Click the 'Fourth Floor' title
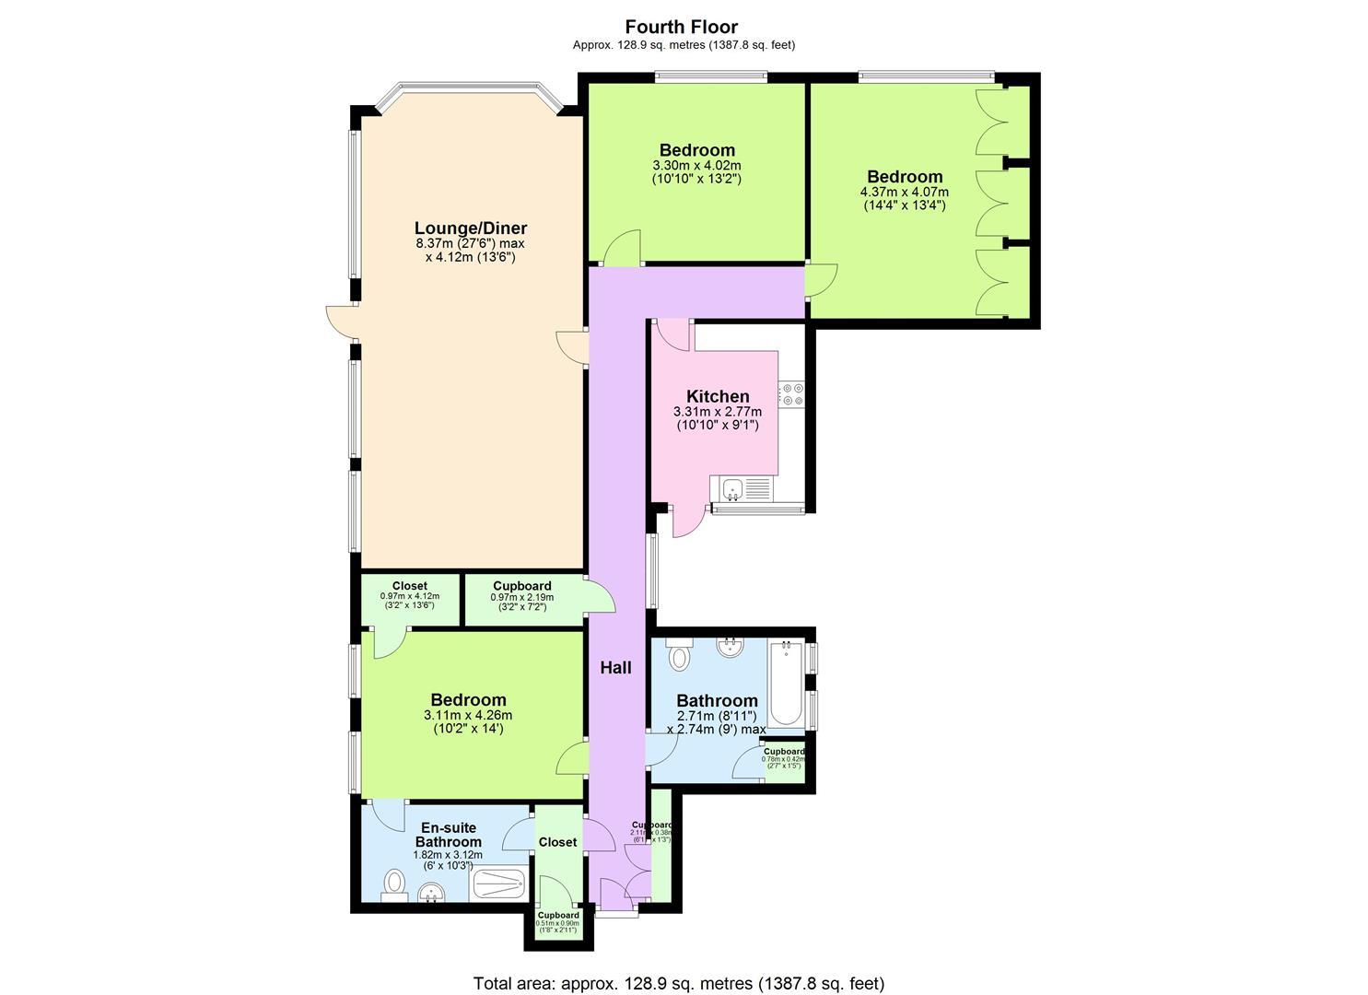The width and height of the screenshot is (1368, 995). click(682, 27)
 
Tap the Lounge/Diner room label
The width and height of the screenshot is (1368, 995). click(470, 228)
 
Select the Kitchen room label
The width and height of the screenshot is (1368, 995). click(718, 396)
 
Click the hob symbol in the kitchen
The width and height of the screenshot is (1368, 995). click(790, 394)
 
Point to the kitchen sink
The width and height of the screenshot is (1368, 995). click(734, 487)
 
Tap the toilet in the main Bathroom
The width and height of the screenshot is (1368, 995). click(679, 655)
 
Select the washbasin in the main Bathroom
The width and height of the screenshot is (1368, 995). click(730, 647)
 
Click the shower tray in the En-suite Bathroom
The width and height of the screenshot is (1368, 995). click(498, 885)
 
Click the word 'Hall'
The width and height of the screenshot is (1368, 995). click(615, 668)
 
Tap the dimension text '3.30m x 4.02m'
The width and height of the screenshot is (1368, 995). click(696, 166)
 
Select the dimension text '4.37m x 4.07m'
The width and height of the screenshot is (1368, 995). click(904, 192)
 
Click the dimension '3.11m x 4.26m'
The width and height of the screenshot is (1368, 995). click(468, 715)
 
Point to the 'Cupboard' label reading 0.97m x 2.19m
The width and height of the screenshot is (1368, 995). click(522, 586)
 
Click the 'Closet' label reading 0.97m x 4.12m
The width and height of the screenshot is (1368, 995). click(409, 586)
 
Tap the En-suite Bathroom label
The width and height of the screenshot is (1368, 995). click(448, 835)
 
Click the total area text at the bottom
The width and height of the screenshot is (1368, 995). click(679, 983)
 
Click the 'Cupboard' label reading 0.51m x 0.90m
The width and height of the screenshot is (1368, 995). click(558, 915)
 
